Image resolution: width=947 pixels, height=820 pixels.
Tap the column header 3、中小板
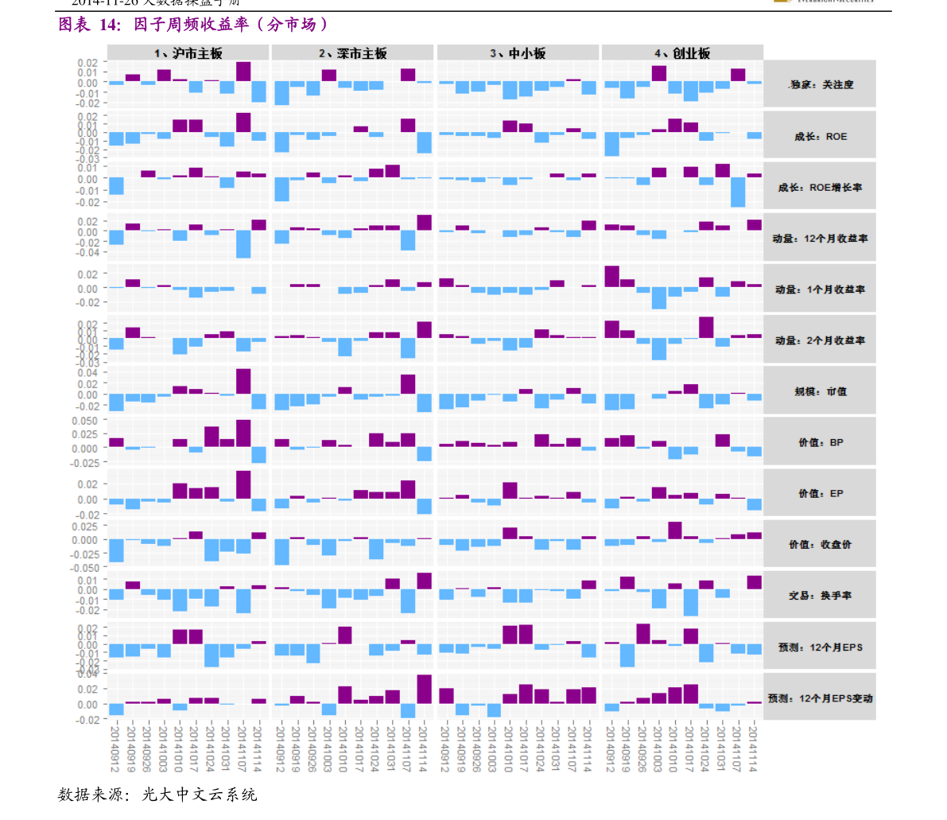518,53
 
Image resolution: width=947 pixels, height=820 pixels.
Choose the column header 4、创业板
681,53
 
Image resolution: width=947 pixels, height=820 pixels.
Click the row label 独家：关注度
820,84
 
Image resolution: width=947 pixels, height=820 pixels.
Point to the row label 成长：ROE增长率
820,188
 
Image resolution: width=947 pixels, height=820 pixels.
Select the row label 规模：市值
820,391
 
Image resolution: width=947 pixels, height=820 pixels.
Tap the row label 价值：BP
820,442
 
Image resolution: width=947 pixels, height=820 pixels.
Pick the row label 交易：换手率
820,596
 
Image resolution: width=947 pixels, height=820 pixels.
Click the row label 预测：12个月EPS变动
820,698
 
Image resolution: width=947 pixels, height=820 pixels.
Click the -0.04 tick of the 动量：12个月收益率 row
87,252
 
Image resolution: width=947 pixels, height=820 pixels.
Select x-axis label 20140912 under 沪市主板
114,748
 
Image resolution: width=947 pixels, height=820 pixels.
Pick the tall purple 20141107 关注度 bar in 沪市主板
243,72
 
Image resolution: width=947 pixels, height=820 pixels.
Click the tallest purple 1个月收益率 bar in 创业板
611,277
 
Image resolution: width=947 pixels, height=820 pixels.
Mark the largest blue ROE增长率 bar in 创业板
738,192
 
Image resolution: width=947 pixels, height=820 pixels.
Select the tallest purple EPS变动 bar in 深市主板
424,689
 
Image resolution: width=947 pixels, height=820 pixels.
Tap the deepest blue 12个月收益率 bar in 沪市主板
243,244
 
